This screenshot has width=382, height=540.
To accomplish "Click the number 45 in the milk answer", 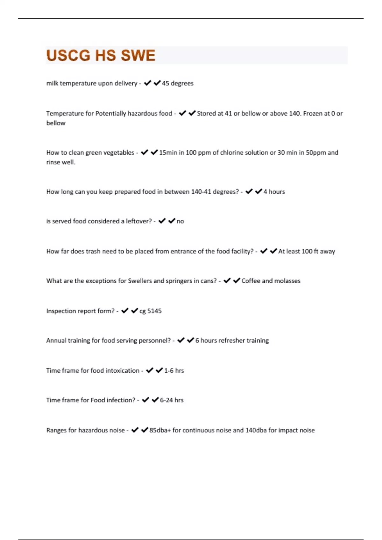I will click(x=166, y=83).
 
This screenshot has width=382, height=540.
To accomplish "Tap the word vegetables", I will click(x=119, y=152).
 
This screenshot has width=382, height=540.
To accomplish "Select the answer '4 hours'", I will click(x=274, y=192).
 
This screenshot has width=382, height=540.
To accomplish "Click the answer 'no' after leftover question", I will click(x=180, y=221).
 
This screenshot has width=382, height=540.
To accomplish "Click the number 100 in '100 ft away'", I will click(x=307, y=251).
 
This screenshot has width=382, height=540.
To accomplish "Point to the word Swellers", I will click(x=140, y=281).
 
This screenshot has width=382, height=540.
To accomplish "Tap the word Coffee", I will click(x=251, y=281).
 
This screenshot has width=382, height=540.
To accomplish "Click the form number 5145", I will click(x=154, y=311).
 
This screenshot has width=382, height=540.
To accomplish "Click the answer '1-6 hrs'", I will click(x=174, y=371).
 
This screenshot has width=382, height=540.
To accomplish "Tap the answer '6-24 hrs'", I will click(x=172, y=400).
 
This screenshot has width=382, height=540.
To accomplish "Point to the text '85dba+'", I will click(x=160, y=430).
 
